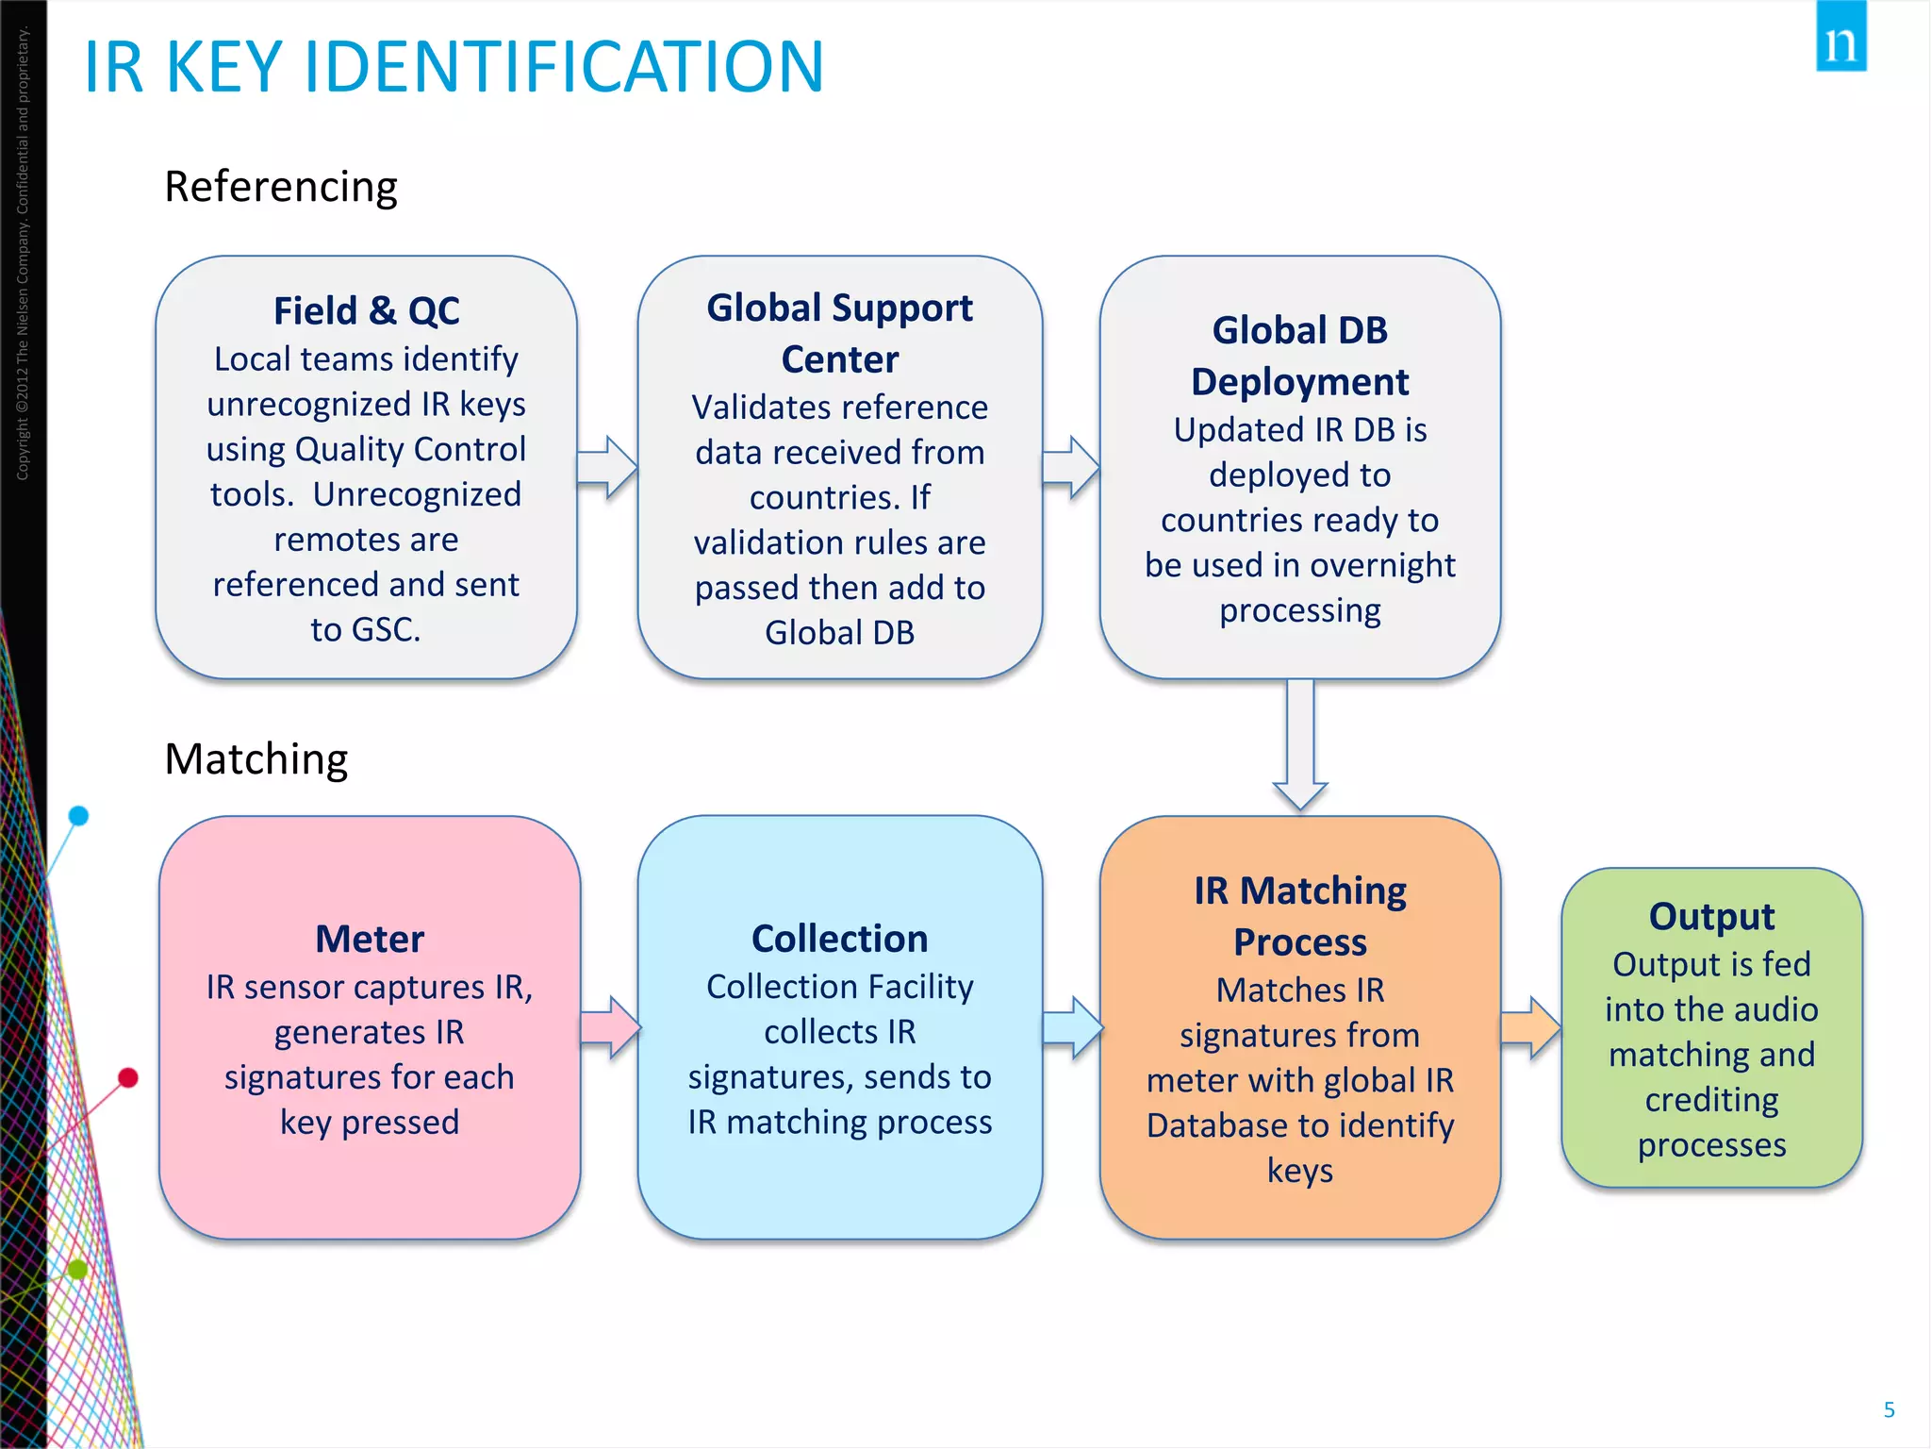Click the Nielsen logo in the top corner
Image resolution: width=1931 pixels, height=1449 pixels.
(1840, 38)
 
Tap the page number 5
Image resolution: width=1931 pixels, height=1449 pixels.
(1889, 1409)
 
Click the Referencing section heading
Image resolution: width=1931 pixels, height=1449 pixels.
(281, 187)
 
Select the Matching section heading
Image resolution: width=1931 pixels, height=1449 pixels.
(256, 759)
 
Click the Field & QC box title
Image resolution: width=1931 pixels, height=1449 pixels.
(367, 310)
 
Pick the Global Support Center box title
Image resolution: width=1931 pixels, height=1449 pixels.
(839, 333)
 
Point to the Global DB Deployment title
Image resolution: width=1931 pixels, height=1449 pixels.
(1299, 357)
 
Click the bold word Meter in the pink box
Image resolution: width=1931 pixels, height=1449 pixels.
(370, 939)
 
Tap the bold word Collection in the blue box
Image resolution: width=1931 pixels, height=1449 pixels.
(839, 939)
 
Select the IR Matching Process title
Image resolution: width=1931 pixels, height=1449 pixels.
(1299, 916)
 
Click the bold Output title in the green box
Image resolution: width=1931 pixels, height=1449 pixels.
(1711, 916)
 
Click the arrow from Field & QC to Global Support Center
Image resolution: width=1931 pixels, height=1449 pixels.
(607, 466)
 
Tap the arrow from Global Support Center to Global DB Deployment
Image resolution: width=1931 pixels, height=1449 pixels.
(1071, 466)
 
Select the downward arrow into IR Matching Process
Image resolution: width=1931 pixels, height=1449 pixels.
(1300, 745)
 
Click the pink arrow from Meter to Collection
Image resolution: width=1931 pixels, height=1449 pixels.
(610, 1026)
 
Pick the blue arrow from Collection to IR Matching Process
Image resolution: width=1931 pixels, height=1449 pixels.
(1072, 1026)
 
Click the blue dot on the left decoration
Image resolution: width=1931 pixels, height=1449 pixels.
(79, 816)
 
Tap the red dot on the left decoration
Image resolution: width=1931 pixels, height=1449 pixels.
(128, 1077)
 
